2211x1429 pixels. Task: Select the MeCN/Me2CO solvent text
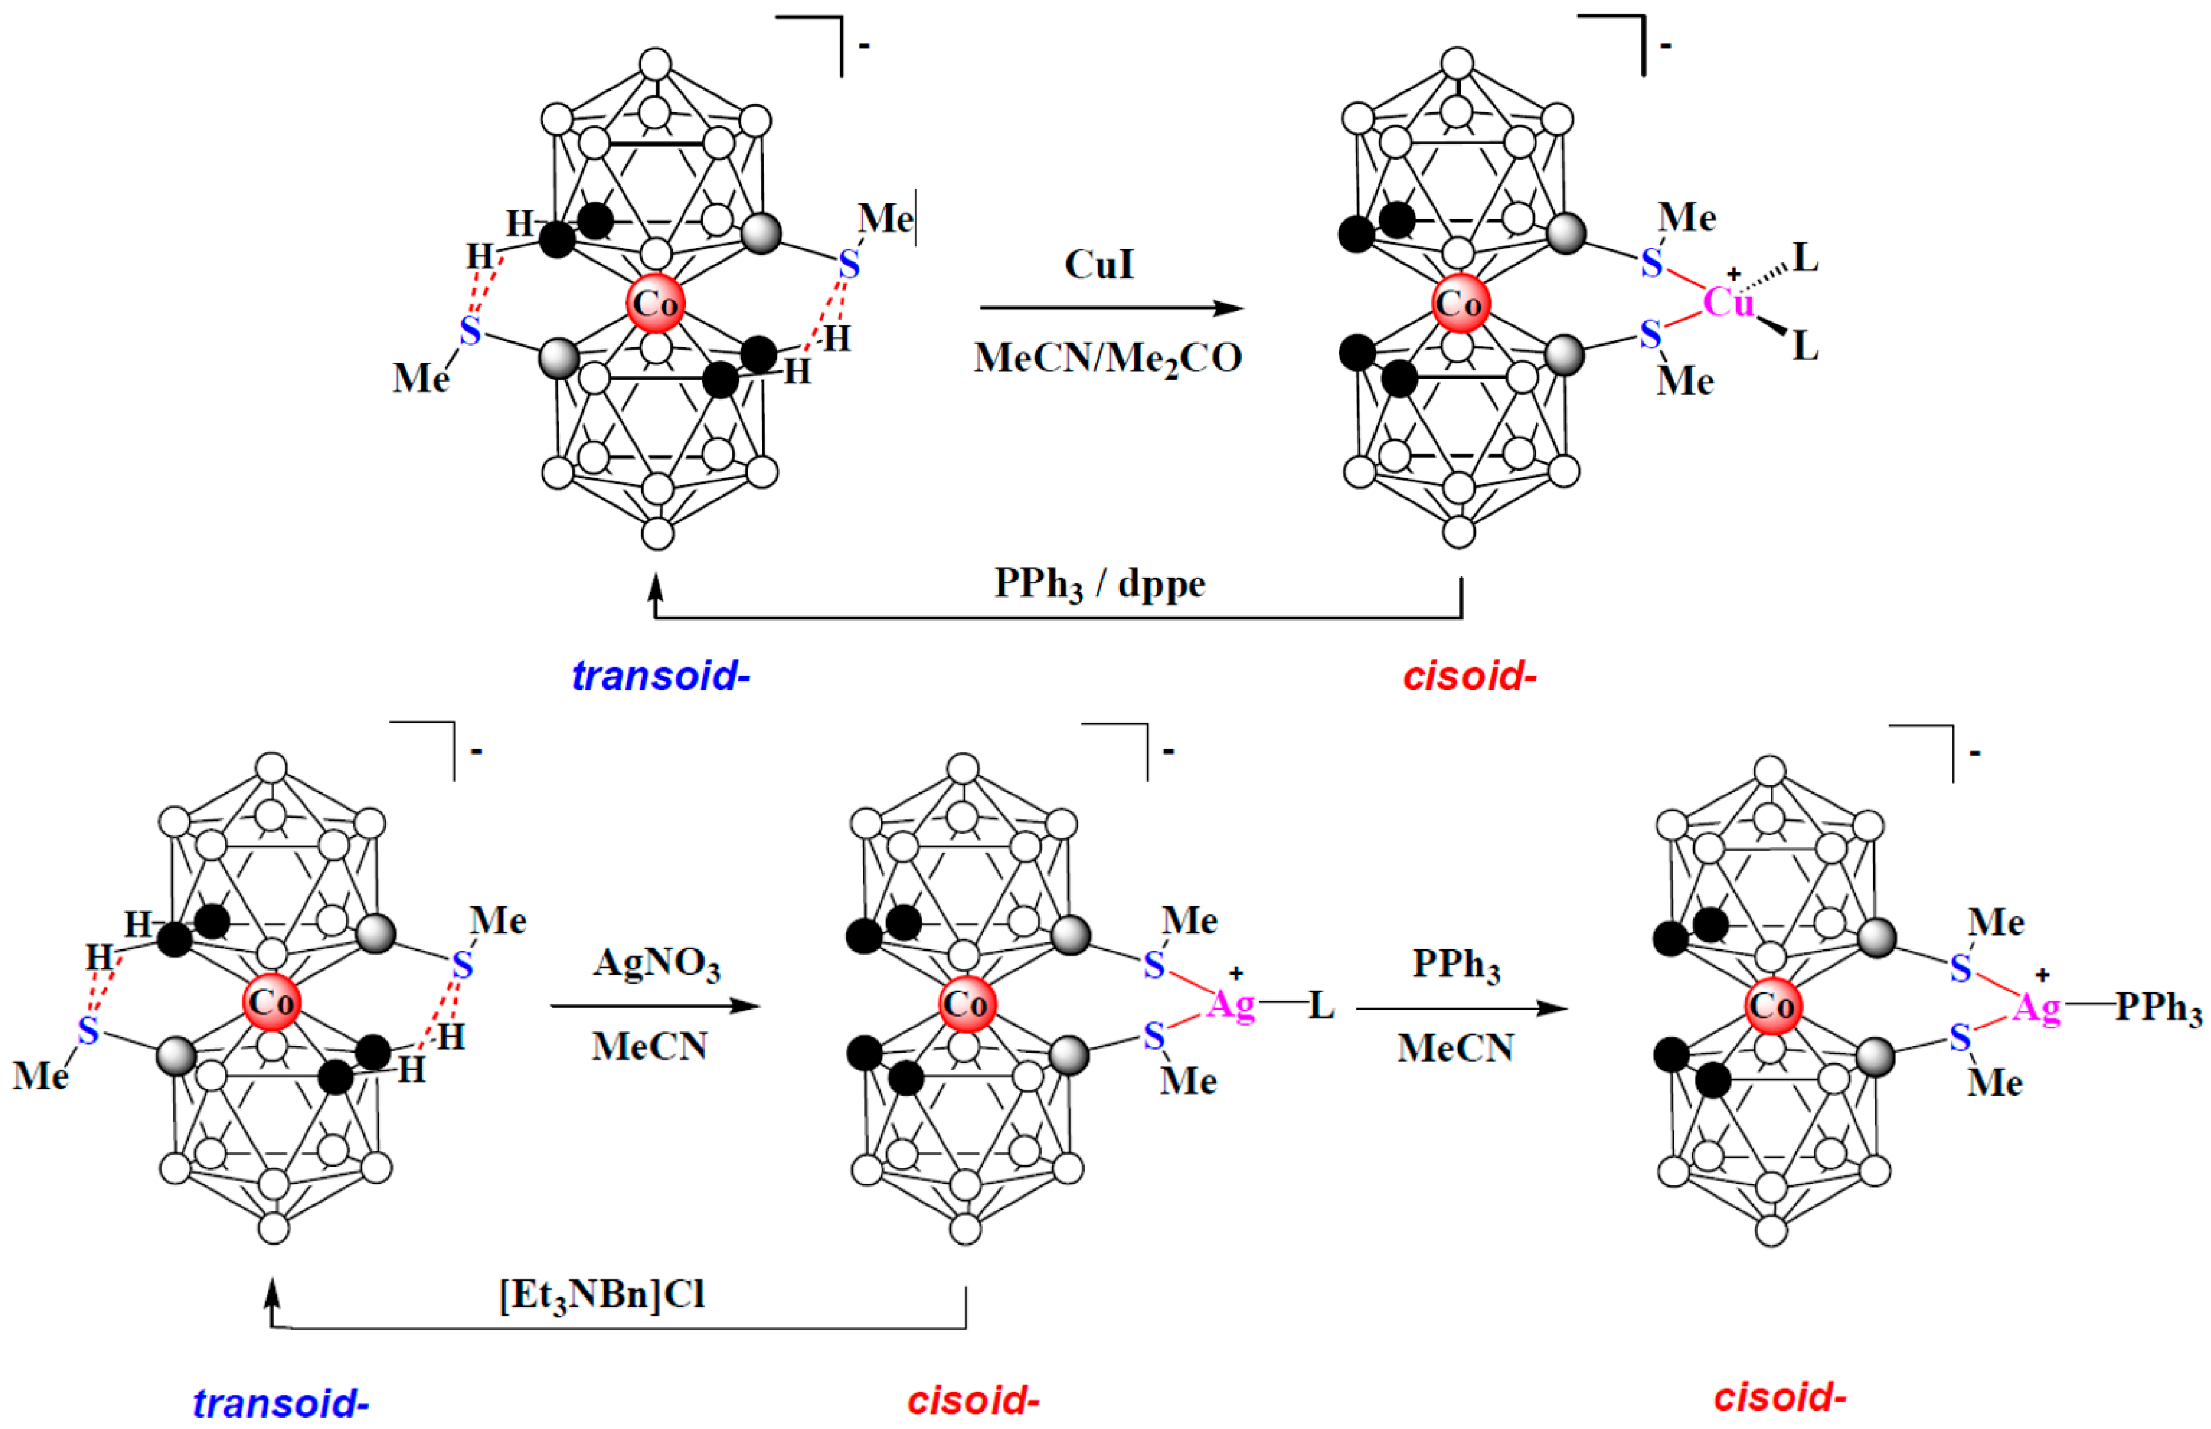coord(1108,358)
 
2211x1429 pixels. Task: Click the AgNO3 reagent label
coord(656,963)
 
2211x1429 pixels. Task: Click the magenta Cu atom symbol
coord(1728,301)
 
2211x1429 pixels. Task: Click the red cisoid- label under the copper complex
coord(1469,676)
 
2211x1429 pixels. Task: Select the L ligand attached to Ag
coord(1321,1005)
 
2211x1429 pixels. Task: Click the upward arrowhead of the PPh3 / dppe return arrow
coord(655,584)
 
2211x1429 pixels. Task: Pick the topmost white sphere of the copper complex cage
coord(1457,63)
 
